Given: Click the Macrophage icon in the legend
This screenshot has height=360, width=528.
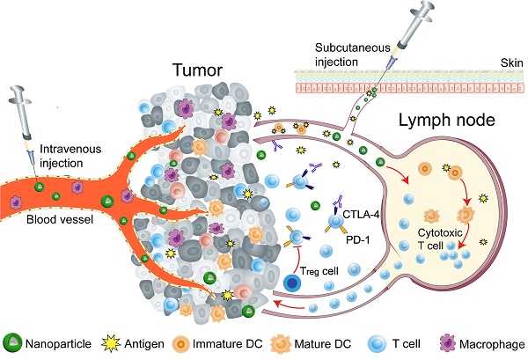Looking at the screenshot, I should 453,342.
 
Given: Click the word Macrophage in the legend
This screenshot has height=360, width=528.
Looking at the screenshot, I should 495,343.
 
